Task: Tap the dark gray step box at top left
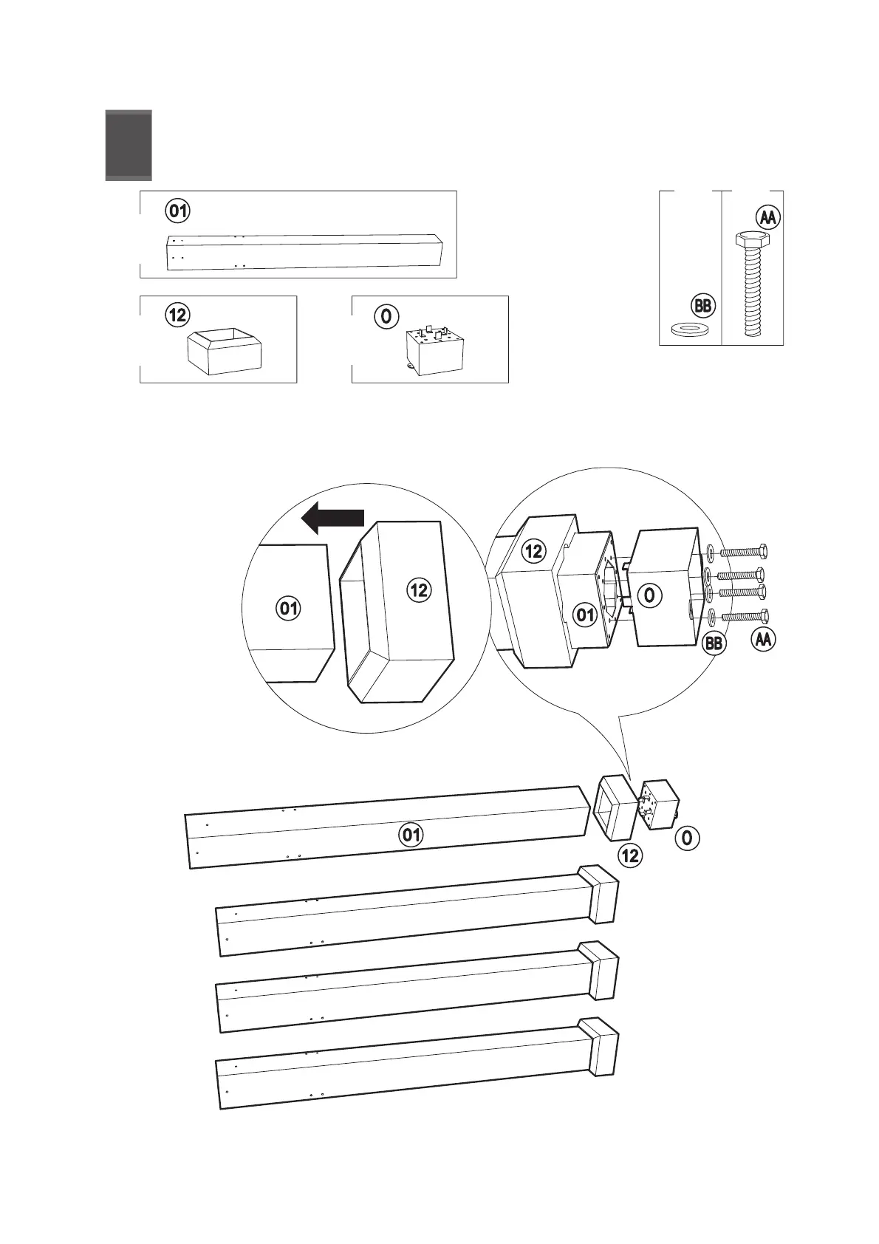click(x=129, y=145)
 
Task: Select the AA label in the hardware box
click(x=768, y=218)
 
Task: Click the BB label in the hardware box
click(x=703, y=306)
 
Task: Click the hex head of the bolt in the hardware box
click(x=752, y=239)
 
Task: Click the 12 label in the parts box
click(x=177, y=316)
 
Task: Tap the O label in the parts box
click(x=386, y=317)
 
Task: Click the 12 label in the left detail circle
click(x=418, y=589)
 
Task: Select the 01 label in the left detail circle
click(x=289, y=608)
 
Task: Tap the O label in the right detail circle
click(x=649, y=595)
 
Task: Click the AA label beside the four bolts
click(x=763, y=639)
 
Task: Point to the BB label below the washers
click(x=714, y=643)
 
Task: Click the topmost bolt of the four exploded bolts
click(x=744, y=552)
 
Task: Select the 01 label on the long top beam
click(x=411, y=835)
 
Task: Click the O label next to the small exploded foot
click(x=687, y=838)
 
